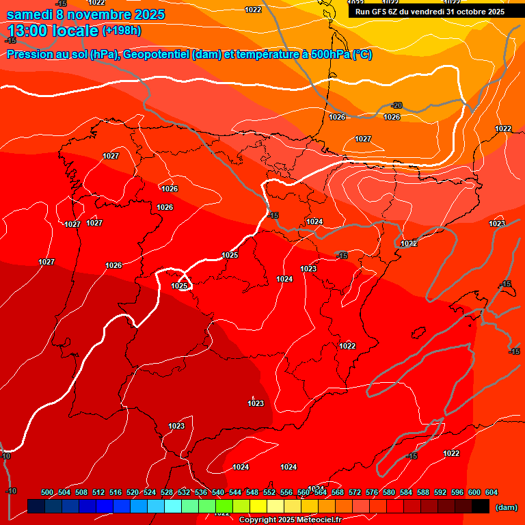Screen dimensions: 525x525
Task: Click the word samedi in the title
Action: pyautogui.click(x=32, y=14)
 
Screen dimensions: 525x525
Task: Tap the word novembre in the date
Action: pyautogui.click(x=102, y=14)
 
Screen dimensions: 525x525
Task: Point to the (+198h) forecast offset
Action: pyautogui.click(x=121, y=31)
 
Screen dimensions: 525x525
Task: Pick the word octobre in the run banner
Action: pyautogui.click(x=466, y=12)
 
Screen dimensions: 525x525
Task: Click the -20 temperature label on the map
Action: pyautogui.click(x=396, y=105)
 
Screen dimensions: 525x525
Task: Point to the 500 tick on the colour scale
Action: pyautogui.click(x=47, y=492)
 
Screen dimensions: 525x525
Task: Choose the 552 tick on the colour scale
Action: pyautogui.click(x=269, y=492)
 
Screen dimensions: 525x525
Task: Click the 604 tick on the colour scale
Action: pyautogui.click(x=492, y=492)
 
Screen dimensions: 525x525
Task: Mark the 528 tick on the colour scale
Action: pyautogui.click(x=167, y=492)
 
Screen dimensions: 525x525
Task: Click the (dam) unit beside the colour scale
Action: pyautogui.click(x=506, y=507)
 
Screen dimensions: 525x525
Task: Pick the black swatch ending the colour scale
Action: pyautogui.click(x=481, y=507)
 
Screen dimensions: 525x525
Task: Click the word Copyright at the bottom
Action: pyautogui.click(x=258, y=520)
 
